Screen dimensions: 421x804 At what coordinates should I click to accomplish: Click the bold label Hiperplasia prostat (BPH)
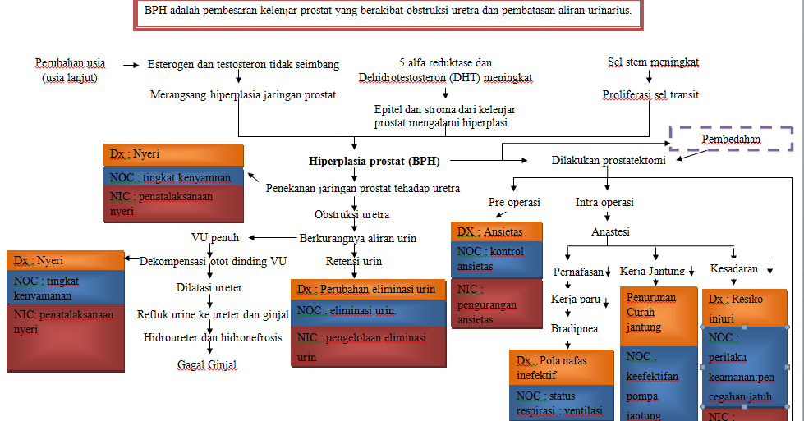[x=366, y=161]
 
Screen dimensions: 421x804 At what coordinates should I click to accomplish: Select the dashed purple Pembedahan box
[x=731, y=139]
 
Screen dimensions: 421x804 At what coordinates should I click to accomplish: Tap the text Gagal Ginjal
[x=206, y=364]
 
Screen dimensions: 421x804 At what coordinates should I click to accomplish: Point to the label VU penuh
[x=215, y=238]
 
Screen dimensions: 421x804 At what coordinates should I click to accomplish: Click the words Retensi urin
[x=354, y=262]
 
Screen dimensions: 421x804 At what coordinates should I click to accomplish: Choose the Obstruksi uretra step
[x=351, y=215]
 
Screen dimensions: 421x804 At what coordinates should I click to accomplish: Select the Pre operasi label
[x=513, y=202]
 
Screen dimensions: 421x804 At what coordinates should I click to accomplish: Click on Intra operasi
[x=604, y=202]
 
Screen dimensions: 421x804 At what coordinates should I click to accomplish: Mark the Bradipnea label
[x=574, y=328]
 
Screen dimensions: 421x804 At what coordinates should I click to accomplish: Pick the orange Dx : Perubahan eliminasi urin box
[x=368, y=290]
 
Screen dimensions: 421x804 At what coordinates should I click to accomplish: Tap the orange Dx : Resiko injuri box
[x=745, y=306]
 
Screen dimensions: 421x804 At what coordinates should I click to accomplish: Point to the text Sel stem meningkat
[x=653, y=62]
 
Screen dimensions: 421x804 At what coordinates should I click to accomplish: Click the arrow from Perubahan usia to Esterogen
[x=131, y=64]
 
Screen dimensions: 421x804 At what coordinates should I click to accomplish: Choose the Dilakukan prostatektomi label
[x=608, y=161]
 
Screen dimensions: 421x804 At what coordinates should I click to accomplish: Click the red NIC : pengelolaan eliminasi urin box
[x=368, y=346]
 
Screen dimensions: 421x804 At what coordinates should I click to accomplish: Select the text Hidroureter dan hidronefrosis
[x=212, y=337]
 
